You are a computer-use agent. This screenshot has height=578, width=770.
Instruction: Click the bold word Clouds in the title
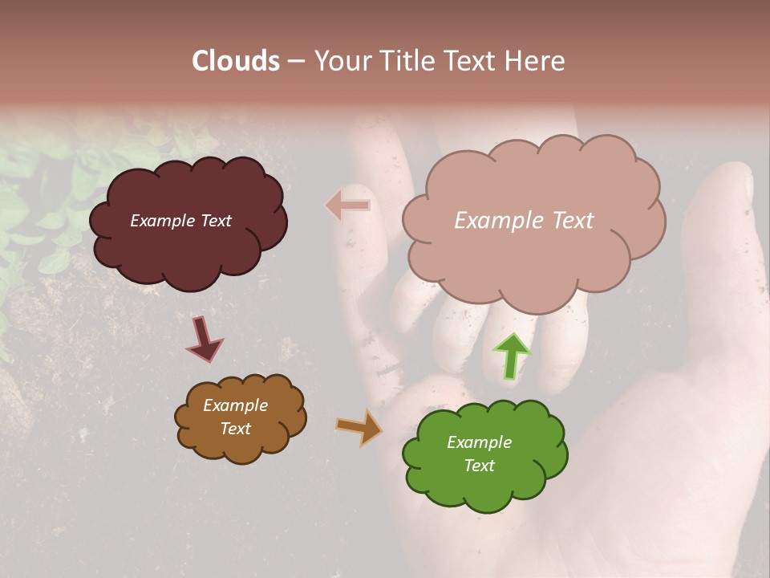[x=237, y=61]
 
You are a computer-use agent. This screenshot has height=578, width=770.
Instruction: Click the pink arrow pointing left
[x=347, y=206]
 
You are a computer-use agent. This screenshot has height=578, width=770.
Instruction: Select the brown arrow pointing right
[x=359, y=428]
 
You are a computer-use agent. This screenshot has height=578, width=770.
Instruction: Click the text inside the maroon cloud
[x=180, y=221]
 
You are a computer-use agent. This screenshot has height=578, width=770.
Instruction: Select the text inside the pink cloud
[x=524, y=220]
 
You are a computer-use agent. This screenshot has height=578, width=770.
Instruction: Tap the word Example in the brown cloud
[x=235, y=405]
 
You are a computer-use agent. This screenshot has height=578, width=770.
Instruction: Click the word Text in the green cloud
[x=479, y=466]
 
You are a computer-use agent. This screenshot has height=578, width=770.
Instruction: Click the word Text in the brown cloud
[x=235, y=429]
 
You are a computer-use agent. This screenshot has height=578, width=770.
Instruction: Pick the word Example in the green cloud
[x=479, y=442]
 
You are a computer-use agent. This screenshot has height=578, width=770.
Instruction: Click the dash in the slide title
[x=295, y=61]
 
